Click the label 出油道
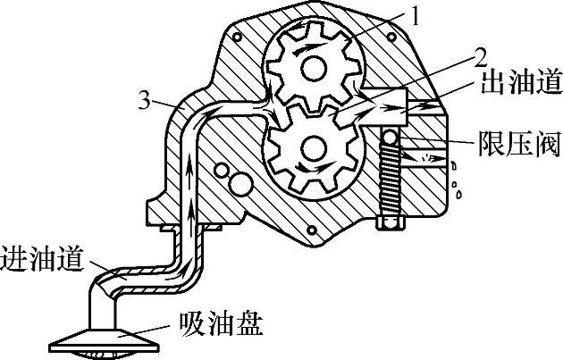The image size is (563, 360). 521,84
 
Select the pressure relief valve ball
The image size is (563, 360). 391,136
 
